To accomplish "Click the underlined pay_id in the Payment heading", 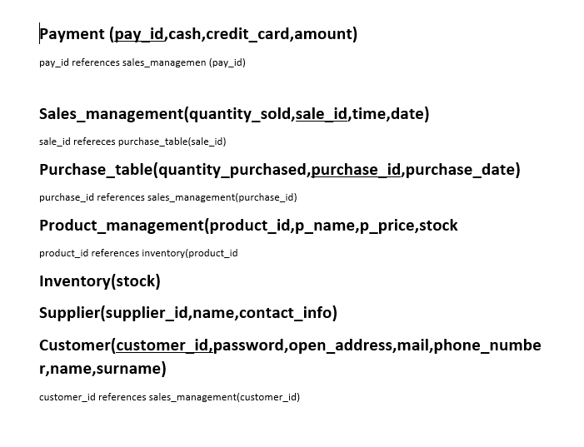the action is click(139, 34).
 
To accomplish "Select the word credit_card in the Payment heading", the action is click(247, 34).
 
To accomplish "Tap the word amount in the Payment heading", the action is click(323, 34).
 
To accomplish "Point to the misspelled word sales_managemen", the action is click(164, 63).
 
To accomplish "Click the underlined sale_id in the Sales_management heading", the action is click(322, 114).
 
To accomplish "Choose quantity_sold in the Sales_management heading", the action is click(240, 114).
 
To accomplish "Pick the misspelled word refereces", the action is click(94, 142).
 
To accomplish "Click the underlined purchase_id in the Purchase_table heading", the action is click(356, 170).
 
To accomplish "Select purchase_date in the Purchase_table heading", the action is click(460, 170).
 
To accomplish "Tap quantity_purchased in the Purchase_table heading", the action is click(232, 170).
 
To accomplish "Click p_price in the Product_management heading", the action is click(387, 226).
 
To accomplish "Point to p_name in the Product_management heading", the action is click(325, 226).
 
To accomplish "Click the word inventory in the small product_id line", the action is click(163, 253).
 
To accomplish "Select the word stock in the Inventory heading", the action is click(136, 281).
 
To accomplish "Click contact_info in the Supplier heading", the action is click(286, 313).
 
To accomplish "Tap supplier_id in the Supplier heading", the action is click(147, 313).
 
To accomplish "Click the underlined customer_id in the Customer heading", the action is click(162, 345).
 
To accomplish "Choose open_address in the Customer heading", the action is click(341, 345).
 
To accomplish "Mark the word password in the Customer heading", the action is click(248, 345).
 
